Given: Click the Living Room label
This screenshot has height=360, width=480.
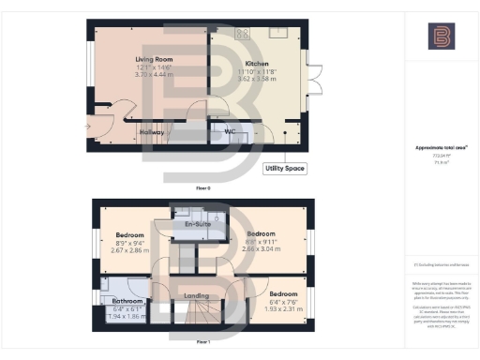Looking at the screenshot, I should pos(154,59).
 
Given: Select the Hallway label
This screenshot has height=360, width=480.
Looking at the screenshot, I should pos(150,132).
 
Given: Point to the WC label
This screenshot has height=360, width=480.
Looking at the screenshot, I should pos(226,132).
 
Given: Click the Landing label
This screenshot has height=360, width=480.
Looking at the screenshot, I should pos(196,296).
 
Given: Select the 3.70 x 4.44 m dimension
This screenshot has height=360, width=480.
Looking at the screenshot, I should pos(154,74).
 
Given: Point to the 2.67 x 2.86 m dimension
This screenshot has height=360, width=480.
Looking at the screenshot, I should pos(130,251).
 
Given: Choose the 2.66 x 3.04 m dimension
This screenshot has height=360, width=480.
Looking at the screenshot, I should pos(260,251).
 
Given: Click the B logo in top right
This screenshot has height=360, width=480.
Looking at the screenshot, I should pos(440,37).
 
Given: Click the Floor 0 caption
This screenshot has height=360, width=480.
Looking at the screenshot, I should pos(202,187).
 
